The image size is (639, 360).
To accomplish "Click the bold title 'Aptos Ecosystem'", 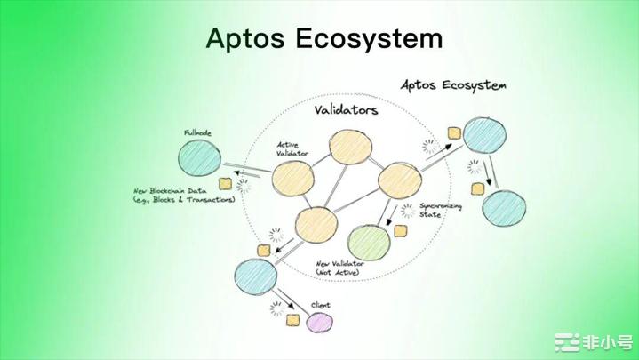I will [x=323, y=38].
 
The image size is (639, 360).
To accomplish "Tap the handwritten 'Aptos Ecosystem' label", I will [x=453, y=85].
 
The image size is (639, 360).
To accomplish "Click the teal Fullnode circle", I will [x=200, y=157].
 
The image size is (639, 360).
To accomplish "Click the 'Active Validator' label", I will [x=292, y=148].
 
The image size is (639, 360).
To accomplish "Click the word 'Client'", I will [x=321, y=305].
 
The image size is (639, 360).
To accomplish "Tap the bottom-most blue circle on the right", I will [x=506, y=208].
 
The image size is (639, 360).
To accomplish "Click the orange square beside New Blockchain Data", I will [x=226, y=183].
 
